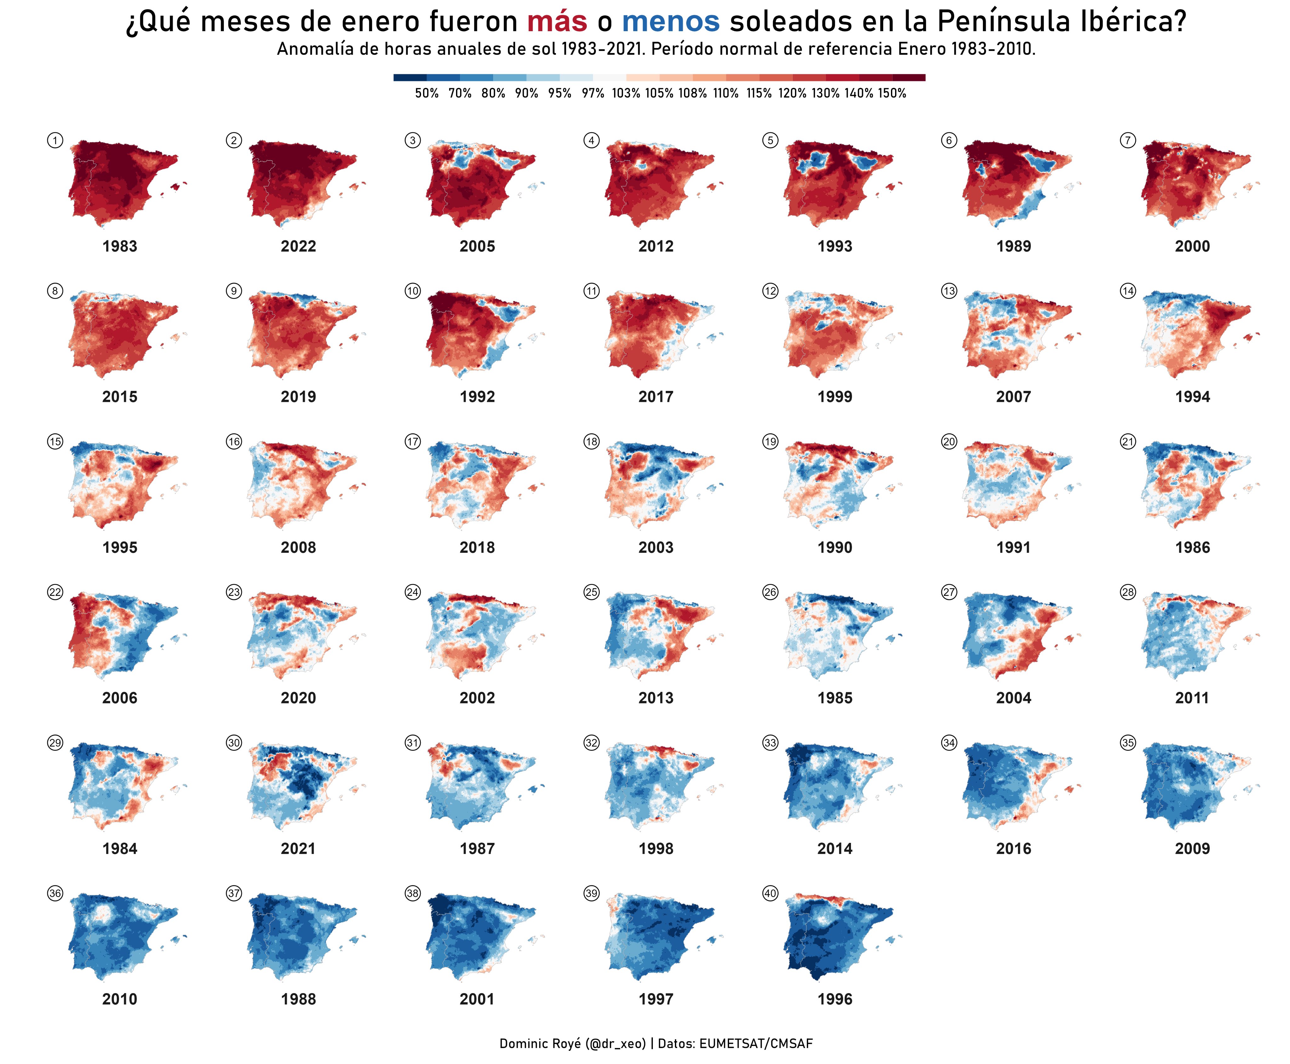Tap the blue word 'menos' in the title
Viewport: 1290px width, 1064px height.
coord(671,22)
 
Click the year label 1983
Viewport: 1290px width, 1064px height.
coord(119,246)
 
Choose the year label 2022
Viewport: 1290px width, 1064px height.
coord(299,246)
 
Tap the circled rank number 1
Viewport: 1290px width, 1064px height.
coord(55,140)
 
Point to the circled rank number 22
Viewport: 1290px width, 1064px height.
coord(55,592)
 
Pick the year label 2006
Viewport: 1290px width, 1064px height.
coord(119,698)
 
